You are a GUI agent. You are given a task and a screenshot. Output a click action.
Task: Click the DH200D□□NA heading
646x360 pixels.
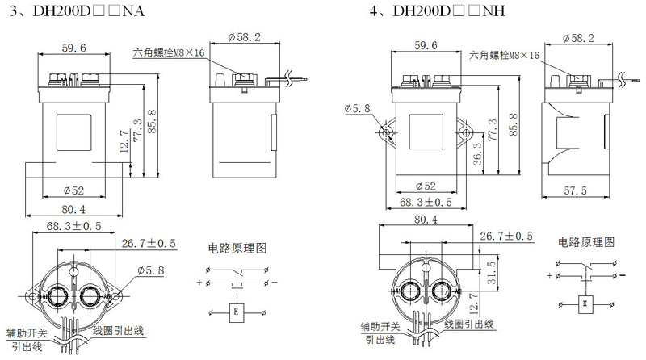[x=89, y=10]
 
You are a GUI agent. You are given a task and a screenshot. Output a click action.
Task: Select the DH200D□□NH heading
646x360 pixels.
[x=449, y=10]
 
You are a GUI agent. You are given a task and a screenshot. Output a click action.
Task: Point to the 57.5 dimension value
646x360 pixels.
[x=575, y=190]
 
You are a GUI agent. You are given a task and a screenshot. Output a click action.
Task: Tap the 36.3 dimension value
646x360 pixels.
[x=477, y=154]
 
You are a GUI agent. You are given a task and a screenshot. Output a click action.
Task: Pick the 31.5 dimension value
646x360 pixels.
[x=491, y=273]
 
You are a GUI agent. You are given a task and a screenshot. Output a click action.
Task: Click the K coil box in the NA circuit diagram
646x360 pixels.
[x=236, y=312]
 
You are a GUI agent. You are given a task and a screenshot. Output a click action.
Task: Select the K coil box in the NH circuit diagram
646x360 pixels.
[x=585, y=304]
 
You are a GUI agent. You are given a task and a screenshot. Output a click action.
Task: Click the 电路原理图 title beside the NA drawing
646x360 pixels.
[x=237, y=248]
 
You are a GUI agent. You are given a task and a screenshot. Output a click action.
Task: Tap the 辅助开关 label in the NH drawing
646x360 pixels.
[x=380, y=327]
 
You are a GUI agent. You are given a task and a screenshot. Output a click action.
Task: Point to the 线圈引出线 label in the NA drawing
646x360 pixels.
[x=118, y=330]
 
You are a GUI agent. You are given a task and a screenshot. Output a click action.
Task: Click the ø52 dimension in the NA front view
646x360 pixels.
[x=73, y=190]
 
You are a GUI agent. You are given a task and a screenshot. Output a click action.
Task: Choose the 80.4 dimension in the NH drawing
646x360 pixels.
[x=426, y=219]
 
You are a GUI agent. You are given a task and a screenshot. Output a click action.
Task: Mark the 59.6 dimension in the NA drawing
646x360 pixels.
[x=74, y=48]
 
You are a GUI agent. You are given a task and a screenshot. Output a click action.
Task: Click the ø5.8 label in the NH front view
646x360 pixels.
[x=357, y=108]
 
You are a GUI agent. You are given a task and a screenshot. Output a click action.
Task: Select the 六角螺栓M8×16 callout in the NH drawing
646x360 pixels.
[x=504, y=55]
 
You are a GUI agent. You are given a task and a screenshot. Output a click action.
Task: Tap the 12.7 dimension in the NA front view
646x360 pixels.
[x=125, y=141]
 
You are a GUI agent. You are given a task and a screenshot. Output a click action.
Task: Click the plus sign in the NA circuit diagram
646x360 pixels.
[x=199, y=283]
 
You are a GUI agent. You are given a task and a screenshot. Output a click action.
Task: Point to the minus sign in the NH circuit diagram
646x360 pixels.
[x=622, y=275]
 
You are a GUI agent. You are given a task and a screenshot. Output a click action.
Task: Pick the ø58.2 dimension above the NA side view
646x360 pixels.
[x=245, y=37]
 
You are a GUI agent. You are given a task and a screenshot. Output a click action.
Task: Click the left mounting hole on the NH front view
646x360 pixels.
[x=386, y=132]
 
